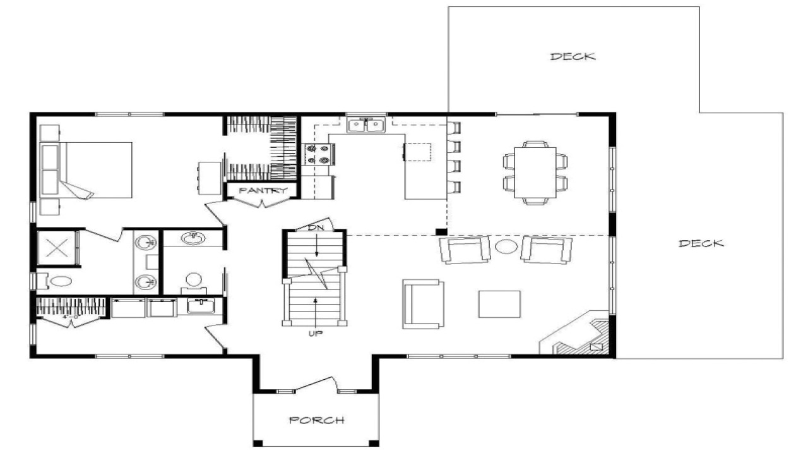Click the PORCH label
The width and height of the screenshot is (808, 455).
[x=316, y=420]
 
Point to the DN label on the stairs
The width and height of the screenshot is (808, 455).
[x=316, y=227]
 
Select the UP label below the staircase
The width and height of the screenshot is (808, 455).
[x=315, y=333]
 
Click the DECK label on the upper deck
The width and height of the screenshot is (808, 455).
[x=573, y=56]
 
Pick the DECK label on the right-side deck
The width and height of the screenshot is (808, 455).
[x=701, y=243]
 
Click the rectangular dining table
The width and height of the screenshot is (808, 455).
[x=535, y=173]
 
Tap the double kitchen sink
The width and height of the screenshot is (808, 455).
[x=367, y=126]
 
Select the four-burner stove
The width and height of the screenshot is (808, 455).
[x=319, y=154]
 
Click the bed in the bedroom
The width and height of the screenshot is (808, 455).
[x=95, y=169]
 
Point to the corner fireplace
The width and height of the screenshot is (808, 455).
[x=579, y=336]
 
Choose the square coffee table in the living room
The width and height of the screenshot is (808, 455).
[x=499, y=304]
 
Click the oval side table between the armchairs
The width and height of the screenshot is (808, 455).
[x=506, y=246]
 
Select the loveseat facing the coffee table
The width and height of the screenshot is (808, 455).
[x=423, y=305]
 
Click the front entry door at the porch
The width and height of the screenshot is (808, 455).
[x=315, y=385]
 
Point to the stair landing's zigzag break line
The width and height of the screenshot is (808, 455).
[x=314, y=270]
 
